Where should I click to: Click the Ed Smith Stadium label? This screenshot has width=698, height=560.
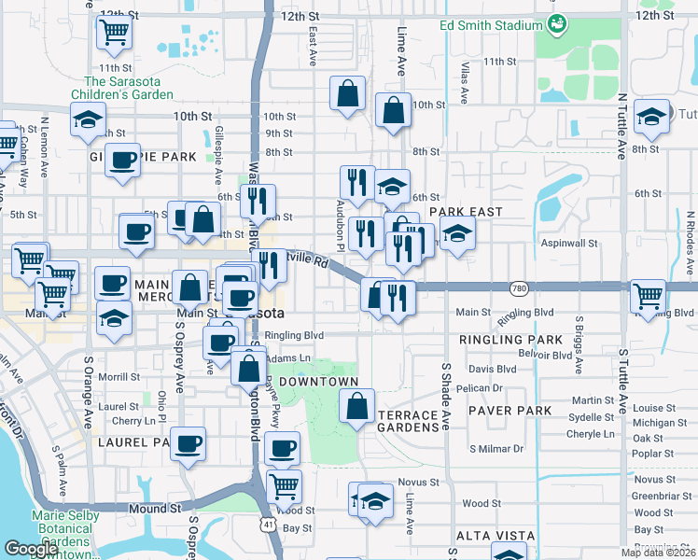pos(492,25)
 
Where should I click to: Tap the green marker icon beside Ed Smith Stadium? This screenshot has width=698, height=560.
pos(558,23)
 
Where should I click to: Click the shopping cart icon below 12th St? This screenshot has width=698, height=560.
pos(114,33)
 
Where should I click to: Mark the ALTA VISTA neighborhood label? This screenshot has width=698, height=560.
pos(495,536)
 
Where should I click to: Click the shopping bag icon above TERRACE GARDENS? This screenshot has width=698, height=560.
pos(356,406)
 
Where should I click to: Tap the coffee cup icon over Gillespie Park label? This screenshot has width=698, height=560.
pos(122,161)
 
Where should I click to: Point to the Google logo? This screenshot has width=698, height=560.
pos(31,548)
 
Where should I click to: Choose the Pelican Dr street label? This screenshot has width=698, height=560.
pos(481,387)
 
